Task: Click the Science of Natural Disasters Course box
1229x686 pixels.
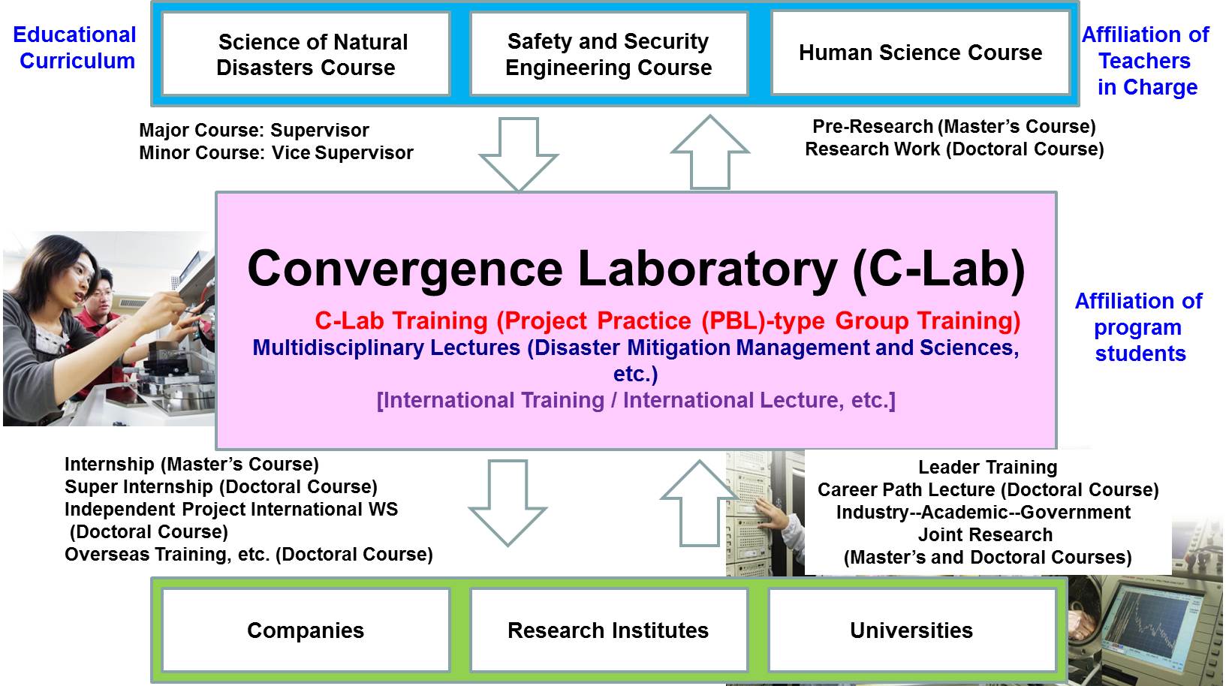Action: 306,54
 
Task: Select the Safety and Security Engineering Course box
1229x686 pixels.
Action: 609,54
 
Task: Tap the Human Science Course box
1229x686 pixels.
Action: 920,53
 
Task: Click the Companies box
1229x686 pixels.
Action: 306,630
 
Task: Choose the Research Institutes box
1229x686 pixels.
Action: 609,630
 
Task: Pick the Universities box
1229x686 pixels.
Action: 912,630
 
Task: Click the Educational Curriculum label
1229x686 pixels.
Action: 75,48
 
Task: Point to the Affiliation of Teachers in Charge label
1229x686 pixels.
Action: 1146,61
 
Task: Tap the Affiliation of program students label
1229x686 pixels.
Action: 1139,327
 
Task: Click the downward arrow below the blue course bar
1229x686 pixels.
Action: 519,154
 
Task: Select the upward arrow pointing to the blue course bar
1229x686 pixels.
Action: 710,152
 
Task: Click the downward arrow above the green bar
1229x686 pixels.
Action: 508,503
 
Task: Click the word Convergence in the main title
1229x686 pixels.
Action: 405,269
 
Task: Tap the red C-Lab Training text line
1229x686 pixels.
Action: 667,320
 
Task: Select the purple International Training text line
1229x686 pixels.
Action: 636,400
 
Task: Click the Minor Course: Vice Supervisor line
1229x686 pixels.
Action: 276,152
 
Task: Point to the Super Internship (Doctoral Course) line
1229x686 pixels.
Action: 221,487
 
